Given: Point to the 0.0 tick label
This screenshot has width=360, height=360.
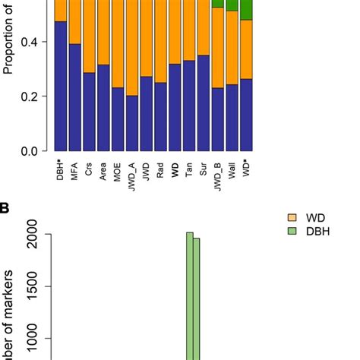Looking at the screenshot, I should (29, 151).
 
